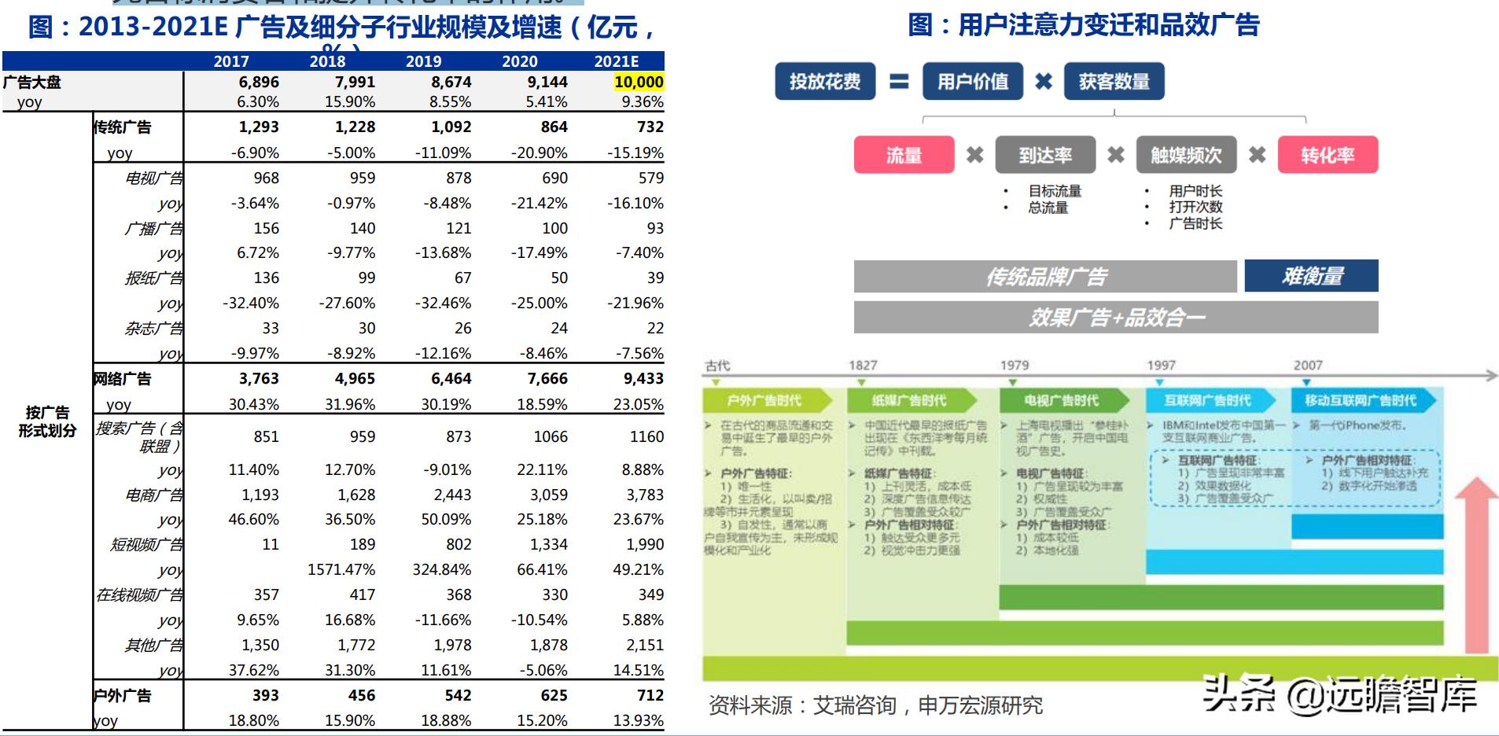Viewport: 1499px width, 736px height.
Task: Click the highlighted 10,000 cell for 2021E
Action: click(x=638, y=82)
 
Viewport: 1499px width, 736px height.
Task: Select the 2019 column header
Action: click(x=423, y=61)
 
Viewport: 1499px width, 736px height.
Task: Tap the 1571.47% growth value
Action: click(x=341, y=569)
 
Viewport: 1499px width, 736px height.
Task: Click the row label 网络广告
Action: click(x=122, y=379)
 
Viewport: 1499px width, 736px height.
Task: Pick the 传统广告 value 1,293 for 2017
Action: click(x=259, y=127)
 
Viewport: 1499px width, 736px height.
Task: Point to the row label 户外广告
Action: click(x=122, y=696)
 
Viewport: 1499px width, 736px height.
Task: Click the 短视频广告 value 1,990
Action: click(x=644, y=544)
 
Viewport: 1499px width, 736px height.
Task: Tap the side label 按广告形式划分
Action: click(x=47, y=421)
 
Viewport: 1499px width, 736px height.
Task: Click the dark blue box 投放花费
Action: click(x=824, y=82)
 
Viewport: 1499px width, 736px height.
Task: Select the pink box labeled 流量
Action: click(x=904, y=155)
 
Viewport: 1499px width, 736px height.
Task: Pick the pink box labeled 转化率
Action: click(x=1328, y=155)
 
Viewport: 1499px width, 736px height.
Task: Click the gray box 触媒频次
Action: click(x=1186, y=155)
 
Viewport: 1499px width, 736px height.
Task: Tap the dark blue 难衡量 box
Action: click(x=1311, y=276)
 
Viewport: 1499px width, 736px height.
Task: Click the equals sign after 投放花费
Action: click(x=899, y=82)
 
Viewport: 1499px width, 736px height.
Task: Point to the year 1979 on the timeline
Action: click(x=1014, y=365)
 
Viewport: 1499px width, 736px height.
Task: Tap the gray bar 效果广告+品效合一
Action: click(x=1115, y=318)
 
